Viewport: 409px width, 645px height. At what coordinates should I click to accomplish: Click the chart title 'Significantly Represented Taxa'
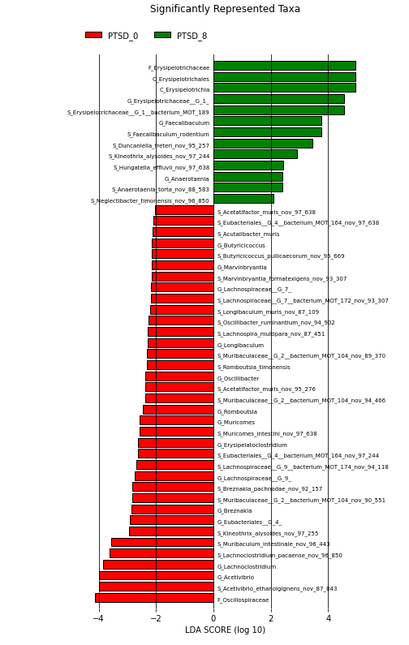(225, 9)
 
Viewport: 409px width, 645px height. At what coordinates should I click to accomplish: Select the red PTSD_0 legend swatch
(93, 35)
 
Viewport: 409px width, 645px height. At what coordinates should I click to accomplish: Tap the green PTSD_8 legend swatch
(162, 35)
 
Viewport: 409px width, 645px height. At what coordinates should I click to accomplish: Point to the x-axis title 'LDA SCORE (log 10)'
(225, 630)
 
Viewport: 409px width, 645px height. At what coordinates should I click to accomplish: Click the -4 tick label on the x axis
(98, 618)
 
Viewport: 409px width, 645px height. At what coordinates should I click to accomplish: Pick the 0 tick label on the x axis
(213, 618)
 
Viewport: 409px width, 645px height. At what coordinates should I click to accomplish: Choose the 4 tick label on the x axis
(329, 618)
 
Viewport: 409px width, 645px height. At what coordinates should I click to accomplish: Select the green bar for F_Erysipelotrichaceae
(285, 66)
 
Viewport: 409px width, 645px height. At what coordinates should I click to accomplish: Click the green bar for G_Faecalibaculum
(268, 121)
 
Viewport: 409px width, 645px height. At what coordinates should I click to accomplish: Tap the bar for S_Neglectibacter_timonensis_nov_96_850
(243, 199)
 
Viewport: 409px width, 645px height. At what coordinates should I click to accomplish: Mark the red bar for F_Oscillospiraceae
(154, 598)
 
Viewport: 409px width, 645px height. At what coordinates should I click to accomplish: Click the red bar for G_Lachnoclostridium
(158, 565)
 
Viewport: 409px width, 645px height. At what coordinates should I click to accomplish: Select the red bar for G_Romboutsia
(179, 409)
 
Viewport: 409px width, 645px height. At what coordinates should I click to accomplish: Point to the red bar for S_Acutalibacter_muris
(183, 232)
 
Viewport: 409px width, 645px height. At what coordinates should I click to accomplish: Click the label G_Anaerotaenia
(187, 179)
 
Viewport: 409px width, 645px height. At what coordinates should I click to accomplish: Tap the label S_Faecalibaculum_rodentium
(168, 134)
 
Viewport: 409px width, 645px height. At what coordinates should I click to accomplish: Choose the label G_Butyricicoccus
(241, 246)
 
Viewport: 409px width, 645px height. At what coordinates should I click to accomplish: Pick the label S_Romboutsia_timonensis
(253, 367)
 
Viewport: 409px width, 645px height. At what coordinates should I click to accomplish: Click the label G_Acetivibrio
(235, 578)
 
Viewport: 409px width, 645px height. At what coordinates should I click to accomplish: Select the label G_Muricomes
(236, 423)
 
